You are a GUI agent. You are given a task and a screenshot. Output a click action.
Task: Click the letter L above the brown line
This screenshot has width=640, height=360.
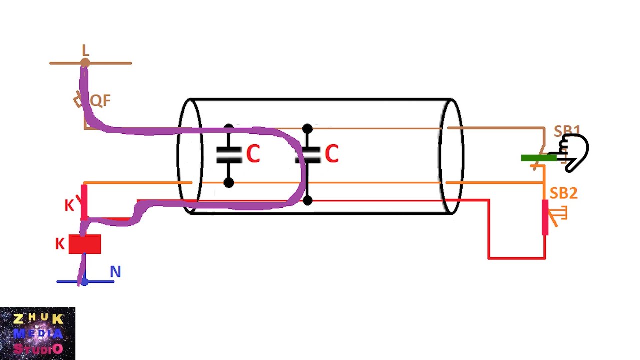click(x=85, y=50)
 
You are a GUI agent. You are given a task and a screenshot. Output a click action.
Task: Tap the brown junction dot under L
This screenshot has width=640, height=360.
click(x=85, y=63)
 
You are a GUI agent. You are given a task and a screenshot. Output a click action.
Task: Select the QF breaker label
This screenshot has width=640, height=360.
click(x=100, y=101)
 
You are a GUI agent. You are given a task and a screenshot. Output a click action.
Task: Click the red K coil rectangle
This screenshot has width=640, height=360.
click(x=85, y=244)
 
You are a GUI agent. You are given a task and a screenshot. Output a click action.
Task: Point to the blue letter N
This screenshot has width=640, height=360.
click(x=115, y=272)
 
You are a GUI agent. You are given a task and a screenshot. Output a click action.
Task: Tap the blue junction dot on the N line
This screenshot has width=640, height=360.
click(x=85, y=282)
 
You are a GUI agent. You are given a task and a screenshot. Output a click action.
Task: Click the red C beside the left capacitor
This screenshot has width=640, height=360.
click(x=253, y=153)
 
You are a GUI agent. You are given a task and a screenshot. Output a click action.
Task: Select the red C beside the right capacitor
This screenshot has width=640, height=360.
click(x=331, y=153)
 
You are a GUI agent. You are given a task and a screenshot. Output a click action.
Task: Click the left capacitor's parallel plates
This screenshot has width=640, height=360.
click(x=229, y=155)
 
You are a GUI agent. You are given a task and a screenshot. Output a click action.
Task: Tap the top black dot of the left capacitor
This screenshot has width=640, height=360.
click(x=229, y=127)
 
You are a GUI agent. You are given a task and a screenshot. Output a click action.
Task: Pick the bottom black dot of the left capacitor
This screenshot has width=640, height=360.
click(x=229, y=183)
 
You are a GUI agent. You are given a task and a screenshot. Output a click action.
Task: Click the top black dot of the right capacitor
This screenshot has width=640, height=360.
click(x=307, y=129)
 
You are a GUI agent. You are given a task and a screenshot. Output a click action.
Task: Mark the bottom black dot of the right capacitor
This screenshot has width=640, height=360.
click(x=307, y=200)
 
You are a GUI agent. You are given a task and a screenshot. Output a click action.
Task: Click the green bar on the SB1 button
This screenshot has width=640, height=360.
click(x=539, y=158)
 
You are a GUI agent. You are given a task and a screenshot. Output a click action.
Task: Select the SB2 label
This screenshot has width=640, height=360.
click(x=563, y=193)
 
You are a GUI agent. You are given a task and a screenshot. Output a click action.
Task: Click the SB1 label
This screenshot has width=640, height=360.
click(x=567, y=131)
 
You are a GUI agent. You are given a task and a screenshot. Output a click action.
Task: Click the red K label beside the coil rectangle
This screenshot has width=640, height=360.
click(x=60, y=244)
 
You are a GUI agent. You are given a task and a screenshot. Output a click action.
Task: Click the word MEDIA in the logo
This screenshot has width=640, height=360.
click(x=38, y=333)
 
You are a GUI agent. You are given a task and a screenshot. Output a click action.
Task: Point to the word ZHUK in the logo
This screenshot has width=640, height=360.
click(x=38, y=319)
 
